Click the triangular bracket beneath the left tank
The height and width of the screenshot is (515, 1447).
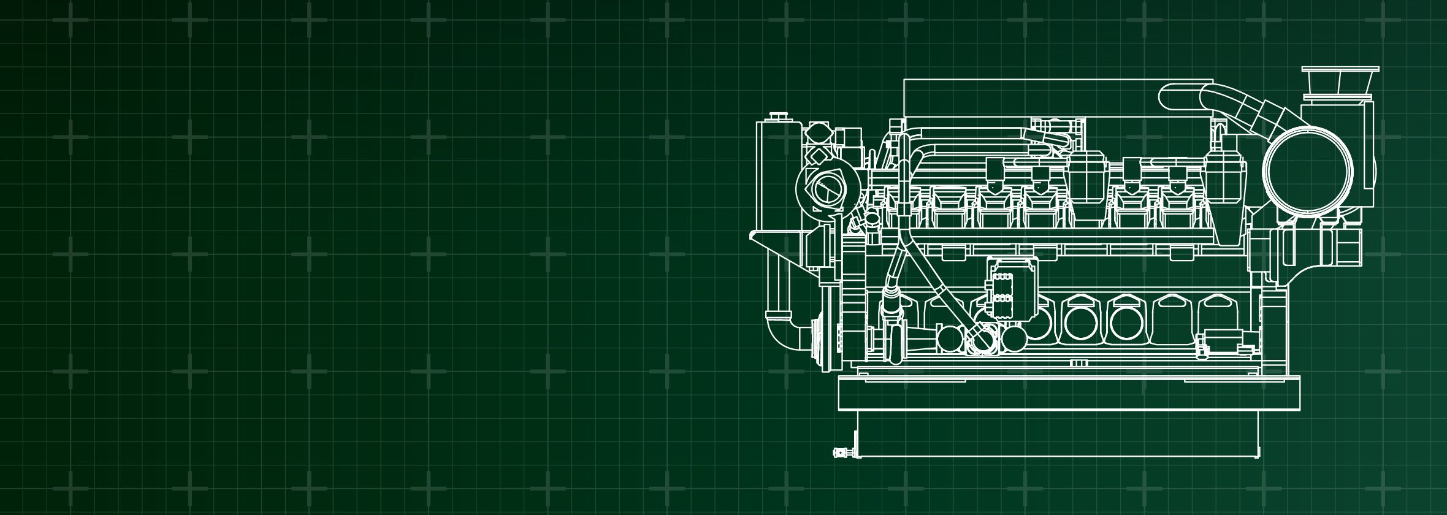point(774,242)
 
